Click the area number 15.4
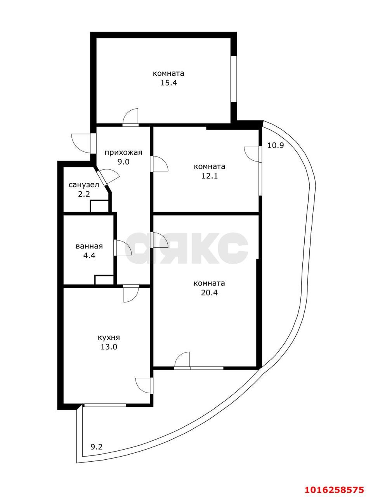click(168, 83)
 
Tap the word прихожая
click(123, 153)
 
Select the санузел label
click(84, 185)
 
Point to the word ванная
click(89, 246)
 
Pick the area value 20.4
click(209, 293)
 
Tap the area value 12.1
click(210, 176)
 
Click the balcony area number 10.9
click(276, 145)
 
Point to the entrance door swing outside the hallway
click(81, 143)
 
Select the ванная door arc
click(124, 248)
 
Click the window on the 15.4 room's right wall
click(234, 79)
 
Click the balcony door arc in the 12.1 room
click(252, 154)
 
